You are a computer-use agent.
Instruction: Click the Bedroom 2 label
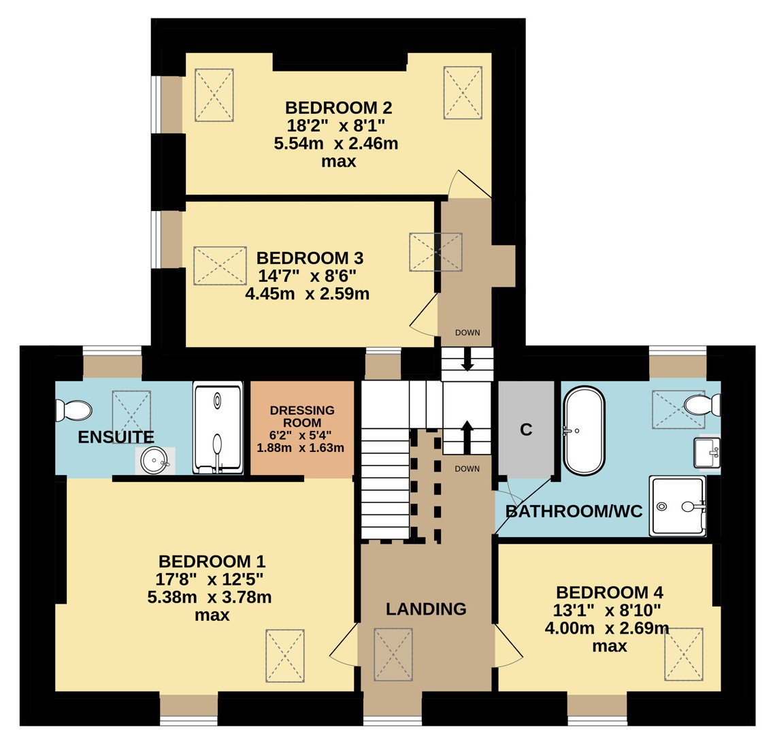coord(339,108)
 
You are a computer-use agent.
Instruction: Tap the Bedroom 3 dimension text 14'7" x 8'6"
coord(307,276)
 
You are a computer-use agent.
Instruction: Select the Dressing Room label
coord(302,417)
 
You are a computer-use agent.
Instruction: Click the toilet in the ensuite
coord(73,410)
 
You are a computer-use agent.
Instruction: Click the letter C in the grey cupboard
coord(526,430)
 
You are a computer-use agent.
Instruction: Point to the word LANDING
coord(426,609)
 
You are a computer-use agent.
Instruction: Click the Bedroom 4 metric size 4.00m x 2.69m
coord(607,628)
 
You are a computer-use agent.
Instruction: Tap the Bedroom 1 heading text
coord(212,562)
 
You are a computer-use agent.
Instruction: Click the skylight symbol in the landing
coord(393,654)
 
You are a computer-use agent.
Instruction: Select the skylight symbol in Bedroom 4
coord(684,654)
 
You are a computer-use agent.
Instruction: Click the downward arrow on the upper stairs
coord(467,360)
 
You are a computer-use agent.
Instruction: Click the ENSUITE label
coord(116,437)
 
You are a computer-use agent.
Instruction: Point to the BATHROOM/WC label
coord(574,511)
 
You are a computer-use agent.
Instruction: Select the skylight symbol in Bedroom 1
coord(284,656)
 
